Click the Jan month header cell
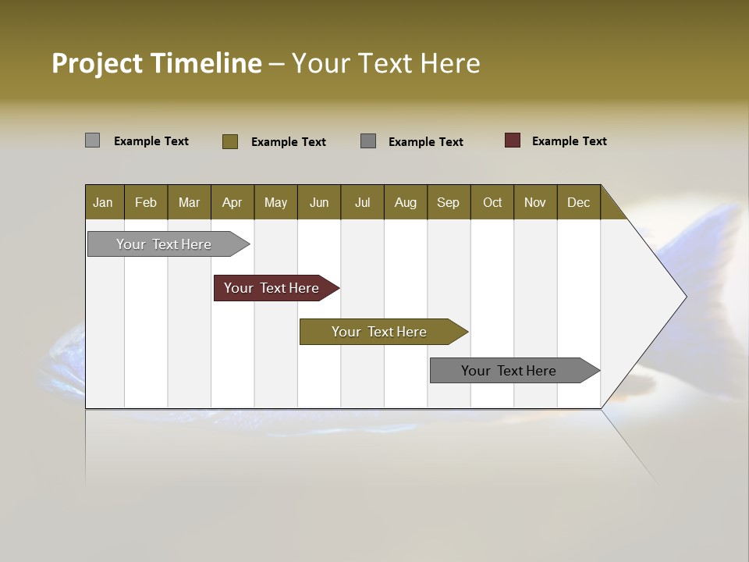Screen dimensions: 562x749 click(x=104, y=202)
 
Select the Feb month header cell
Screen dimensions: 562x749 click(x=146, y=202)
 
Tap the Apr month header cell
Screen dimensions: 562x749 click(x=233, y=202)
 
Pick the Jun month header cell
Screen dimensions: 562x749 click(x=319, y=202)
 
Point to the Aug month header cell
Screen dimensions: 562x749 click(x=406, y=202)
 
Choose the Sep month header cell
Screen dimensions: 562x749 click(x=449, y=202)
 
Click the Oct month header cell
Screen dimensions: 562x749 click(x=492, y=202)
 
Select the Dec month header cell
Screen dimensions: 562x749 click(x=579, y=202)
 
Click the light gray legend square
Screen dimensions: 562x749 click(x=92, y=140)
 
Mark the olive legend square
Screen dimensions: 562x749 click(x=230, y=141)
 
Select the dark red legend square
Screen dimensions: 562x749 click(x=513, y=140)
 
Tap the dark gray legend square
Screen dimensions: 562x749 click(x=368, y=141)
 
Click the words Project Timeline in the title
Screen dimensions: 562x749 click(x=156, y=63)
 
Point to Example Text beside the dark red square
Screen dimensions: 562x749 click(x=569, y=140)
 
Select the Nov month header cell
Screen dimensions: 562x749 click(x=535, y=202)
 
